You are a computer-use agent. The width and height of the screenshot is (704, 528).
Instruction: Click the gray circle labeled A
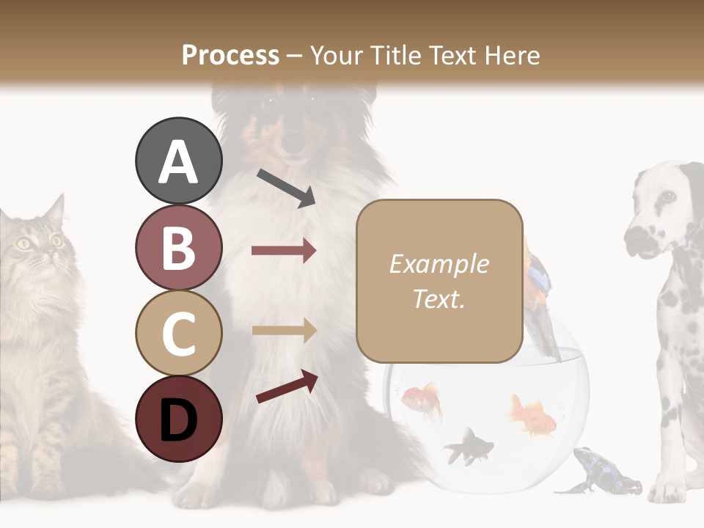pyautogui.click(x=178, y=161)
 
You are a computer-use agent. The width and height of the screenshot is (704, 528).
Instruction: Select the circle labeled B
pyautogui.click(x=178, y=247)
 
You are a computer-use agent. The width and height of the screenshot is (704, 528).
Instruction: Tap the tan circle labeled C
pyautogui.click(x=178, y=333)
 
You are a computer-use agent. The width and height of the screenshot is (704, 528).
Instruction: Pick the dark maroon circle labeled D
pyautogui.click(x=178, y=419)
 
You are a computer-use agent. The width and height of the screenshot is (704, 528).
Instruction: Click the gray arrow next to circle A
pyautogui.click(x=286, y=188)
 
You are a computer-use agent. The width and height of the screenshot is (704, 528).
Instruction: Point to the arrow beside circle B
pyautogui.click(x=284, y=251)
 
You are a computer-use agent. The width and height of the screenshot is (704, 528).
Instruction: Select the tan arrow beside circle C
pyautogui.click(x=284, y=331)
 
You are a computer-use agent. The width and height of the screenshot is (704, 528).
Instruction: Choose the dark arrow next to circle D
pyautogui.click(x=287, y=386)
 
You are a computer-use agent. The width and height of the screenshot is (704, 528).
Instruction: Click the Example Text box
pyautogui.click(x=439, y=281)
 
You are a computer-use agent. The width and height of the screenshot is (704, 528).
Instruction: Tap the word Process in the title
pyautogui.click(x=230, y=55)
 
